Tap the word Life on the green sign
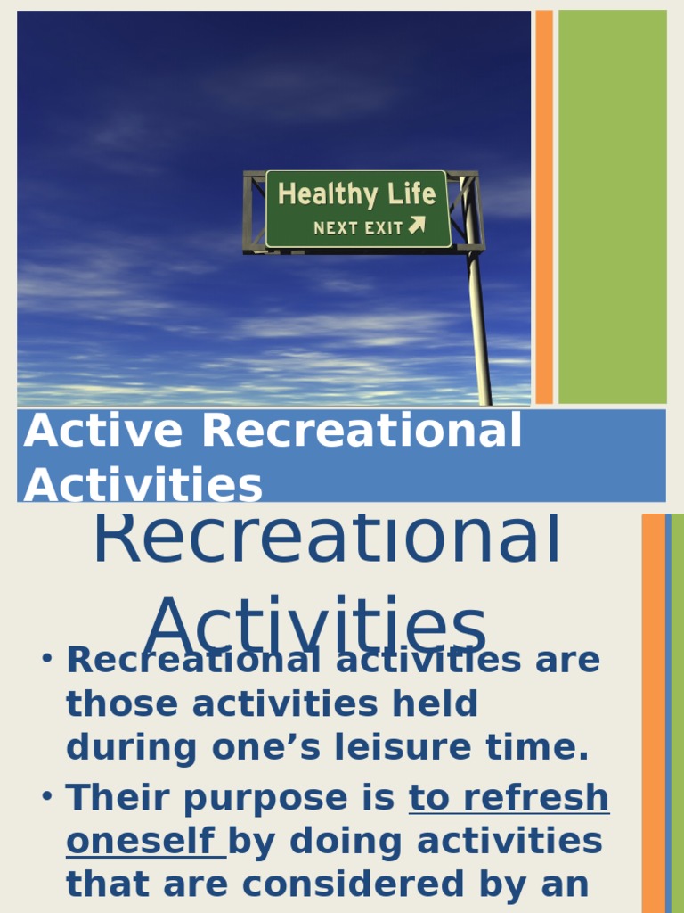[x=411, y=194]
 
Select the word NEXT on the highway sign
[x=335, y=228]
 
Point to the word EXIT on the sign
[x=383, y=228]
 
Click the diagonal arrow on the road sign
[x=417, y=226]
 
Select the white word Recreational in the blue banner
[x=362, y=432]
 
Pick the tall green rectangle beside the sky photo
[x=612, y=207]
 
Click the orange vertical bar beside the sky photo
[x=544, y=207]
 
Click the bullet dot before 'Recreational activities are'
[x=47, y=659]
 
